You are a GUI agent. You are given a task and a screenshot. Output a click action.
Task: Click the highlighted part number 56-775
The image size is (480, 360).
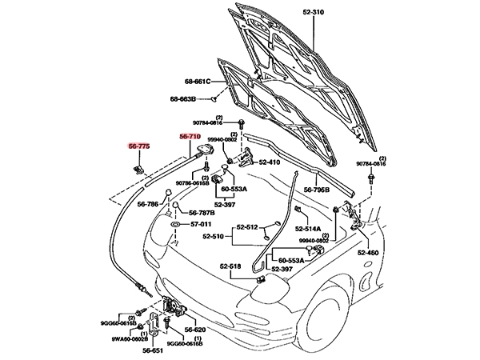pyautogui.click(x=139, y=146)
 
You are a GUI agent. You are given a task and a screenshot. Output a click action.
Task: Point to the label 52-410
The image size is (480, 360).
pyautogui.click(x=268, y=162)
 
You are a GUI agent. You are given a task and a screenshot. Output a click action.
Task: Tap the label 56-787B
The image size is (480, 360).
pyautogui.click(x=202, y=213)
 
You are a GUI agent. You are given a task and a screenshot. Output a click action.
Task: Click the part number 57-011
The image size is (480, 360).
pyautogui.click(x=202, y=226)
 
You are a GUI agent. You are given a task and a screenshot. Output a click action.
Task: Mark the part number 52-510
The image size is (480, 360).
pyautogui.click(x=214, y=237)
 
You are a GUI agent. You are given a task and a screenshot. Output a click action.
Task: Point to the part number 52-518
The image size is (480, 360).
pyautogui.click(x=230, y=266)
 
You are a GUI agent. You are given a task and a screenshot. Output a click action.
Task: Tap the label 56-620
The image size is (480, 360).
pyautogui.click(x=196, y=329)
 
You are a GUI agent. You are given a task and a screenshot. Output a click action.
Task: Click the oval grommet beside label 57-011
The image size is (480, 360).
pyautogui.click(x=174, y=226)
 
